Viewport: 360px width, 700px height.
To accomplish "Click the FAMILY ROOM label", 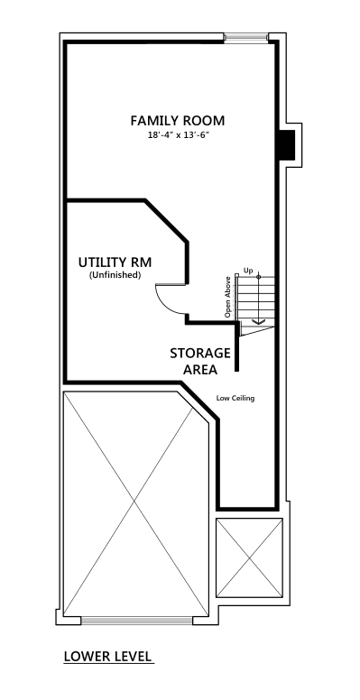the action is pos(178,121).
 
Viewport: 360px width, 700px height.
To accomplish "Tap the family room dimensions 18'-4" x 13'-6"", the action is pos(179,135).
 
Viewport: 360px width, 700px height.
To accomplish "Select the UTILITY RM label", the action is pos(115,262).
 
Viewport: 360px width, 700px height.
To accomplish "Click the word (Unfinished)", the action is pos(115,275).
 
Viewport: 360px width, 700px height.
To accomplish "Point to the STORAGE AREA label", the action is pos(200,361).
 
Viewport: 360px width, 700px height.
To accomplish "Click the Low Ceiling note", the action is pos(235,398).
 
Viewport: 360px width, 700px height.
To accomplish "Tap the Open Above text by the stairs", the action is pos(227,297).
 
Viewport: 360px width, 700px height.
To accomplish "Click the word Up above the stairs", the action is pos(248,271).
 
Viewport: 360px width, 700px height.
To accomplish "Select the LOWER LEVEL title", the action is pos(108,657).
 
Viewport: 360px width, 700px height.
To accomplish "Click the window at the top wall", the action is pos(245,37).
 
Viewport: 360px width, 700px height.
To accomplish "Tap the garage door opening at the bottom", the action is pos(136,621).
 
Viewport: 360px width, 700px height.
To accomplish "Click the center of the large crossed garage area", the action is pos(134,503).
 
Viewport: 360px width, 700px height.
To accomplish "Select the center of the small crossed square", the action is pos(250,557).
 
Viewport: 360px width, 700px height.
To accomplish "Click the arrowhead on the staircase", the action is pos(259,321).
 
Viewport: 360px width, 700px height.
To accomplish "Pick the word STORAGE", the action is pos(200,353).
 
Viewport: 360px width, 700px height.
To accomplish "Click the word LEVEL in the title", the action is pos(131,657).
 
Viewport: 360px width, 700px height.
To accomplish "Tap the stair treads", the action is pos(255,299).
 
